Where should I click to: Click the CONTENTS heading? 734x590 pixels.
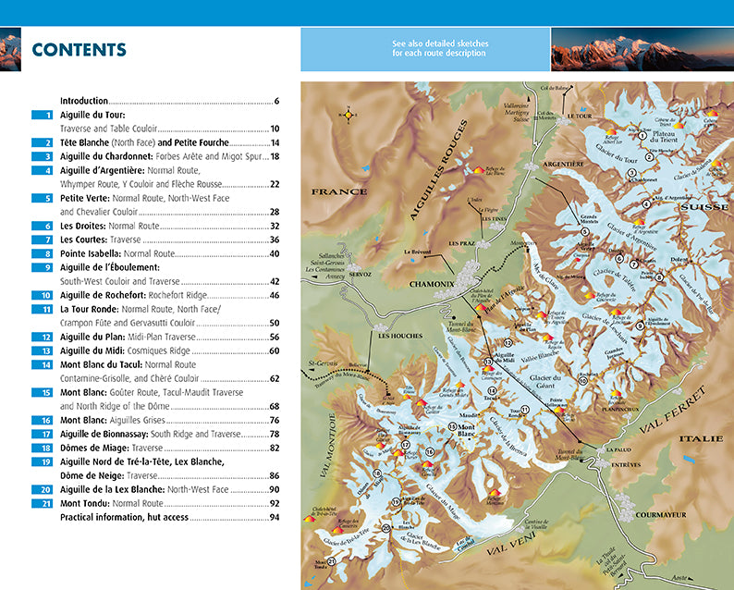tap(79, 50)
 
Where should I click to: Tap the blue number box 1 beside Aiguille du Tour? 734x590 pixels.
tap(43, 116)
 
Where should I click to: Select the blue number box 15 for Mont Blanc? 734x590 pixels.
tap(43, 392)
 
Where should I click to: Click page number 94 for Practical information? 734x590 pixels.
tap(274, 517)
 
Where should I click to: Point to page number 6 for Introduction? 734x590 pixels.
tap(276, 101)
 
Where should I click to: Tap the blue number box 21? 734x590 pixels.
tap(43, 503)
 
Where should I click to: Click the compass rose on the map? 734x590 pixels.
tap(349, 115)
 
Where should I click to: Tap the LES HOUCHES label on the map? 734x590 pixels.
tap(398, 335)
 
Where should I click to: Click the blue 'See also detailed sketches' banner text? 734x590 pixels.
tap(426, 48)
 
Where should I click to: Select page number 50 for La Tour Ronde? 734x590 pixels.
tap(274, 324)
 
